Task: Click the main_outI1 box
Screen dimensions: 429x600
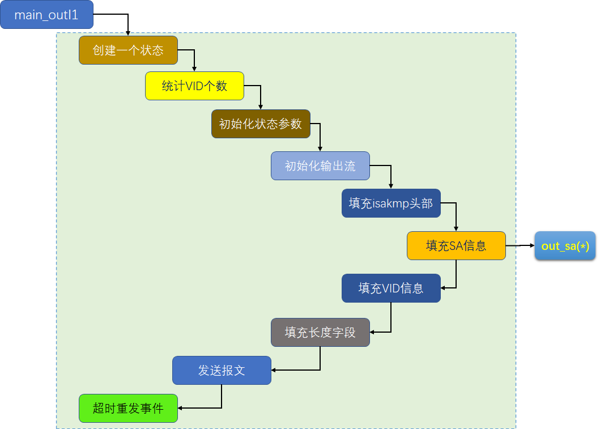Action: [46, 15]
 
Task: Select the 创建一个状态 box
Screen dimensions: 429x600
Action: [128, 50]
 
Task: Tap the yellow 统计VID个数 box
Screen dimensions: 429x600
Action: [194, 86]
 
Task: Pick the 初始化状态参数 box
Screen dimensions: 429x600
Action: [261, 124]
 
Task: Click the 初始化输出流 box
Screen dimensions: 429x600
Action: [320, 166]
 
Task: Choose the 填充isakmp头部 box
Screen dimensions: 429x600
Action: [391, 203]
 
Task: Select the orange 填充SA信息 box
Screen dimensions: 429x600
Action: [456, 245]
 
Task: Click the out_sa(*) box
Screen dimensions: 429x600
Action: [565, 245]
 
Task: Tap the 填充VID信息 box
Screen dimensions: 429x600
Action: [391, 288]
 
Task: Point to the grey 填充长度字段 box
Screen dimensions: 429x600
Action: [320, 332]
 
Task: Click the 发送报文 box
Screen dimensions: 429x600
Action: [222, 371]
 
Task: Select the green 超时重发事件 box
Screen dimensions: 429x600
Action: [128, 408]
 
